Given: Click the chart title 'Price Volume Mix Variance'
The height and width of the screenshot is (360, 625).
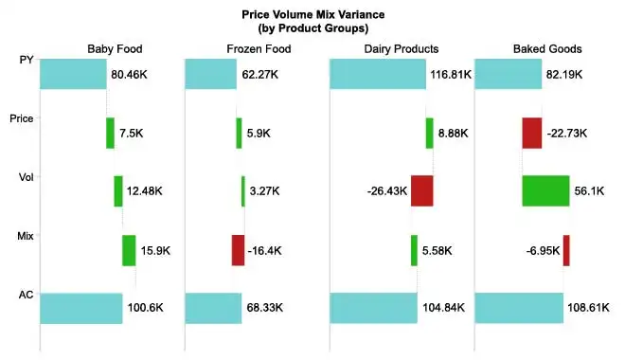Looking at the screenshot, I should (312, 15).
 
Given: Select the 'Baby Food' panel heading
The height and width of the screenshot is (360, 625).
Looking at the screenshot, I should (113, 48).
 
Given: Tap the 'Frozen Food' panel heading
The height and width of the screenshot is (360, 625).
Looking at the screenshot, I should (257, 48).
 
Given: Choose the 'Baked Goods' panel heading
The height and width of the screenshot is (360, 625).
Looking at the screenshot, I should (546, 48).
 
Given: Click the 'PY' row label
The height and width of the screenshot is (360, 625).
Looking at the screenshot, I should (27, 61).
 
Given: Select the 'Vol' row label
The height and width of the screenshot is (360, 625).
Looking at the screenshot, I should (27, 177).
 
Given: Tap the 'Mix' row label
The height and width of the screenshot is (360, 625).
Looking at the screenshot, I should (27, 236).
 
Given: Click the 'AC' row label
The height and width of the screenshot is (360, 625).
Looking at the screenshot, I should (27, 295).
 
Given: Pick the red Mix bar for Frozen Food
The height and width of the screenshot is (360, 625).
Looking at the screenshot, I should (238, 250).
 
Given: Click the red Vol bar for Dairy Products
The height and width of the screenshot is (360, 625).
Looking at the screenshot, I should (421, 191).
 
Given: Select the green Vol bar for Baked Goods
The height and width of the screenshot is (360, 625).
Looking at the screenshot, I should (545, 191).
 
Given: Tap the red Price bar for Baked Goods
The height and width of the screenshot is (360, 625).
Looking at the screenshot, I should (531, 133).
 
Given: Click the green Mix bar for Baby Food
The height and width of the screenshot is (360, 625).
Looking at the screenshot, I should (129, 250).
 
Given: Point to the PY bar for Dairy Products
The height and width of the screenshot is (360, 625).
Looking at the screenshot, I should (377, 74).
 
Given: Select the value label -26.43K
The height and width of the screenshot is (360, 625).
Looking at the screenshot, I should (386, 191).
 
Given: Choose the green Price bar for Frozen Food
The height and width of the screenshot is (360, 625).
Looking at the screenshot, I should (239, 133).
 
